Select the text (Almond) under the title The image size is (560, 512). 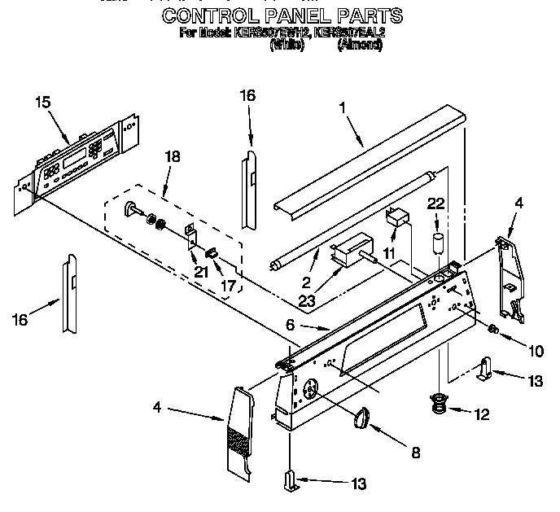(x=360, y=46)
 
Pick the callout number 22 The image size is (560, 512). (x=437, y=203)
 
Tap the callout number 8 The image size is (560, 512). (x=416, y=453)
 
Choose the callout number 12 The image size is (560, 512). (x=482, y=415)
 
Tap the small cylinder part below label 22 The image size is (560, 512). (x=438, y=241)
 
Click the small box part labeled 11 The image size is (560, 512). (x=398, y=218)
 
